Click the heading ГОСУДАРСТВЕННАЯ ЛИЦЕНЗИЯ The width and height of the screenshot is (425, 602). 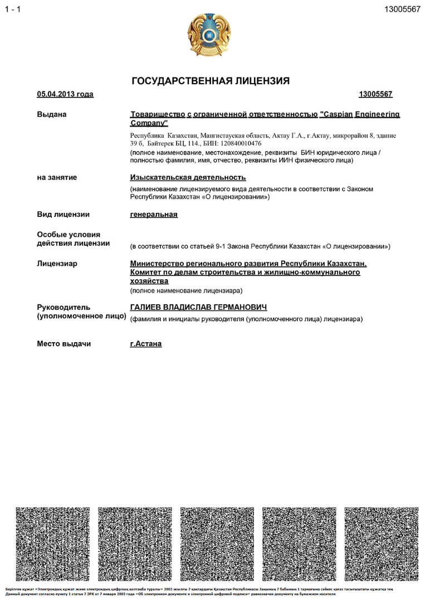click(x=211, y=81)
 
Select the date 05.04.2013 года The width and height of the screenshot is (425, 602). click(x=65, y=94)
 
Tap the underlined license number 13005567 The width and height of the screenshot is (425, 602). click(x=375, y=94)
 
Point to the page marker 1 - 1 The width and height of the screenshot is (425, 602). click(x=12, y=9)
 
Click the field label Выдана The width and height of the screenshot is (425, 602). click(x=52, y=115)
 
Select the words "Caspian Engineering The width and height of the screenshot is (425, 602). click(x=360, y=115)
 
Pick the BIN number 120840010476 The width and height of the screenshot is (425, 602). click(x=239, y=143)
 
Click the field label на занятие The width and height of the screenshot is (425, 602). click(x=57, y=178)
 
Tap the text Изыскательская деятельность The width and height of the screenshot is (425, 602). click(x=188, y=178)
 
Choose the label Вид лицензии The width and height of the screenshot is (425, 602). click(x=63, y=215)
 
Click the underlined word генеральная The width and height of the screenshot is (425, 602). click(x=154, y=215)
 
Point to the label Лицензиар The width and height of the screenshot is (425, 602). click(x=57, y=264)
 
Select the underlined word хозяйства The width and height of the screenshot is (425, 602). click(x=149, y=281)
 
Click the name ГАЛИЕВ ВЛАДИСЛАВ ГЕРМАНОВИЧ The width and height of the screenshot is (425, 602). click(x=198, y=308)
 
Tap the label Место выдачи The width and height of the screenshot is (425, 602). click(x=63, y=344)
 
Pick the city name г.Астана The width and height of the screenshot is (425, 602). click(x=145, y=344)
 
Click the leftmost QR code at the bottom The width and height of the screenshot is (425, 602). click(x=53, y=543)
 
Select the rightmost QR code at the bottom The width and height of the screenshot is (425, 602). click(x=381, y=543)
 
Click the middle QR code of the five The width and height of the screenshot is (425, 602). click(x=217, y=543)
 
